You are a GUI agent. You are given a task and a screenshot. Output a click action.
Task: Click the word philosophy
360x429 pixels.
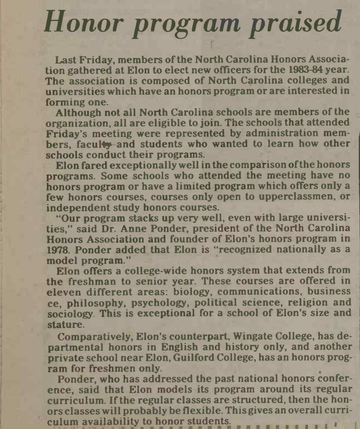coord(87,302)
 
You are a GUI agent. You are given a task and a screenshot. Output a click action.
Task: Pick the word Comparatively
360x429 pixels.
coord(93,338)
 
